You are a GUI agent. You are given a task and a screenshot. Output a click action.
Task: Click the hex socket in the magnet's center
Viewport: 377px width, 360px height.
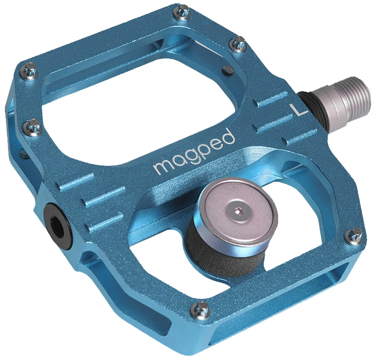236,212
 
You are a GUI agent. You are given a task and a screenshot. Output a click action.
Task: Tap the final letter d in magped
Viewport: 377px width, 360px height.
228,138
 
